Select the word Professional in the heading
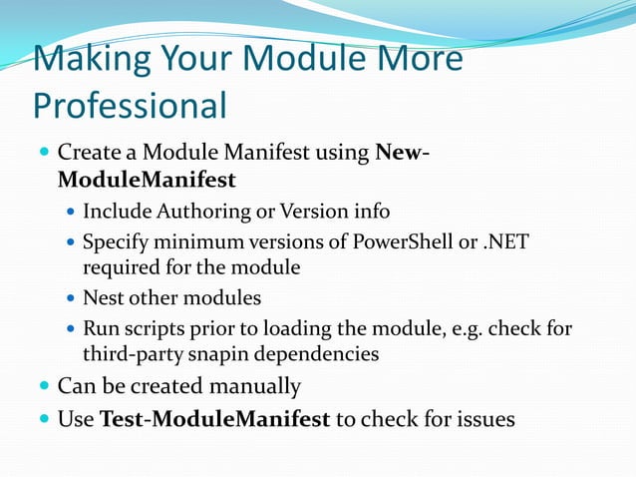click(130, 105)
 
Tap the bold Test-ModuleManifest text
click(215, 419)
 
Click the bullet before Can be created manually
click(42, 386)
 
